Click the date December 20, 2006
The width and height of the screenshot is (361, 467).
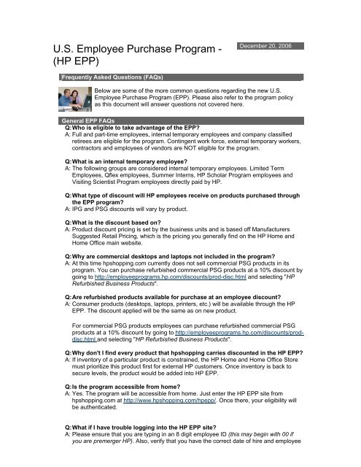point(267,45)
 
